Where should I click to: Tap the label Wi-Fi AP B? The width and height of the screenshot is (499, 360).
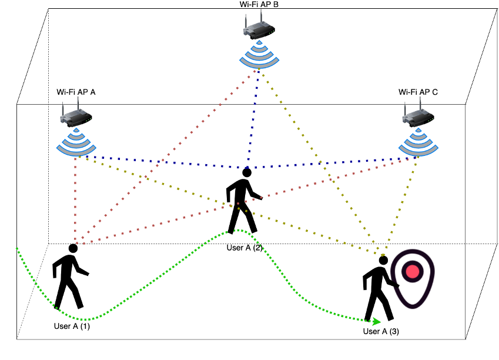click(x=259, y=4)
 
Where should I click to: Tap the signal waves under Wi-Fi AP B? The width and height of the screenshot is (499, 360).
click(x=259, y=56)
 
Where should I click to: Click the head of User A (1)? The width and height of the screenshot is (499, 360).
click(x=73, y=248)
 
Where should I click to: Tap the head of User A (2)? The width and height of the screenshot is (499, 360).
click(x=247, y=173)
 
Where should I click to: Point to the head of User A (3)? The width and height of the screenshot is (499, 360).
click(x=383, y=260)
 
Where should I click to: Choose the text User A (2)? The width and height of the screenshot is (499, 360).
click(x=245, y=248)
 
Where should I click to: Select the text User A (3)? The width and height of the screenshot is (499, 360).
click(x=381, y=331)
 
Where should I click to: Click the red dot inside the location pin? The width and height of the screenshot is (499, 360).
click(x=413, y=271)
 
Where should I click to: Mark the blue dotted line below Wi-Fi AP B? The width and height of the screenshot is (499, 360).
click(x=253, y=118)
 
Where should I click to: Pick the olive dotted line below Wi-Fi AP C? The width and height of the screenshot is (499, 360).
click(x=403, y=200)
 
